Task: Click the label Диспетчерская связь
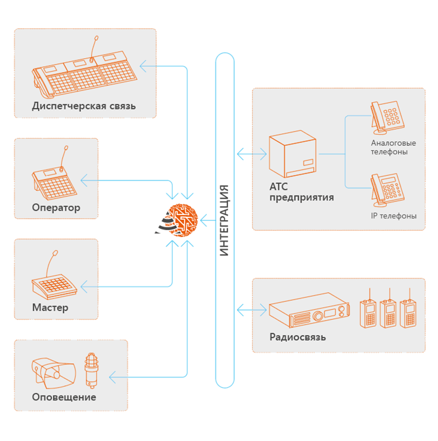(84, 106)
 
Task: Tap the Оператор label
(56, 208)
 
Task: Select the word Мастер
(50, 308)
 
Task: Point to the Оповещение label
(64, 397)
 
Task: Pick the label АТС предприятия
(301, 192)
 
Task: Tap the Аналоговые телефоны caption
(394, 148)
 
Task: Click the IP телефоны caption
(394, 216)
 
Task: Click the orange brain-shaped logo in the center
(180, 220)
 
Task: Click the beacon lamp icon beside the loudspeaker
(90, 368)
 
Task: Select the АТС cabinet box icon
(293, 156)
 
